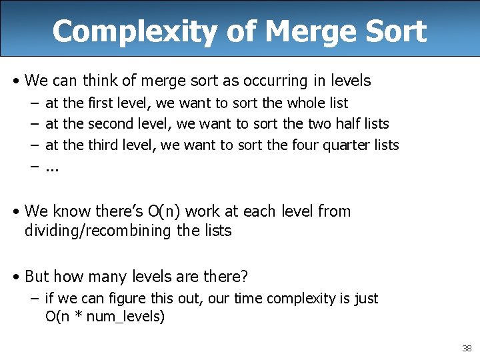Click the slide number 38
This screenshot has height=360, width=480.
(x=466, y=348)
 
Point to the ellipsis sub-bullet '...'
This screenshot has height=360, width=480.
(x=52, y=166)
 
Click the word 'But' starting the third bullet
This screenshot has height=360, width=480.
(x=37, y=276)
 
